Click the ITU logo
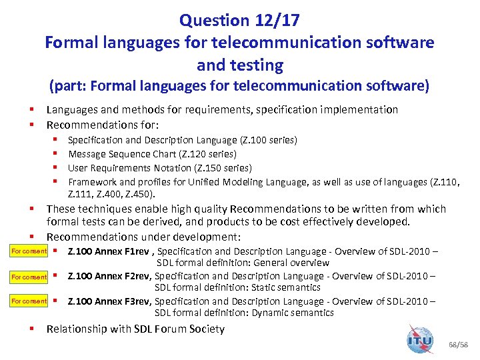tap(420, 339)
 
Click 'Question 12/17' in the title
tap(239, 21)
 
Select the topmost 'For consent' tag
tap(29, 251)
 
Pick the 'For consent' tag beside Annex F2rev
tap(29, 277)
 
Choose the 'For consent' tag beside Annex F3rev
tap(29, 301)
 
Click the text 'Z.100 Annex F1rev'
tap(110, 251)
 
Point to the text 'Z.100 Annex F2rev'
tap(110, 277)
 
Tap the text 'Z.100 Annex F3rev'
tap(110, 301)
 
